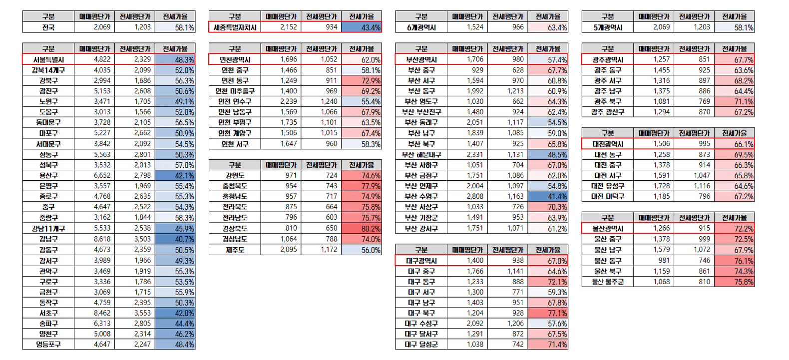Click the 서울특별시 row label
[48, 59]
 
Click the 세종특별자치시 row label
[235, 27]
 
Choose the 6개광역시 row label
[421, 27]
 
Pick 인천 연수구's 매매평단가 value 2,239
[289, 101]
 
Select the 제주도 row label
[235, 250]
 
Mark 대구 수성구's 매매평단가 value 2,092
[475, 324]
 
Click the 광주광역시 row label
[608, 59]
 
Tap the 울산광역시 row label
[608, 229]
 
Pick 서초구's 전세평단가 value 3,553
[142, 313]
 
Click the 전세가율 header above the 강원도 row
[362, 165]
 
